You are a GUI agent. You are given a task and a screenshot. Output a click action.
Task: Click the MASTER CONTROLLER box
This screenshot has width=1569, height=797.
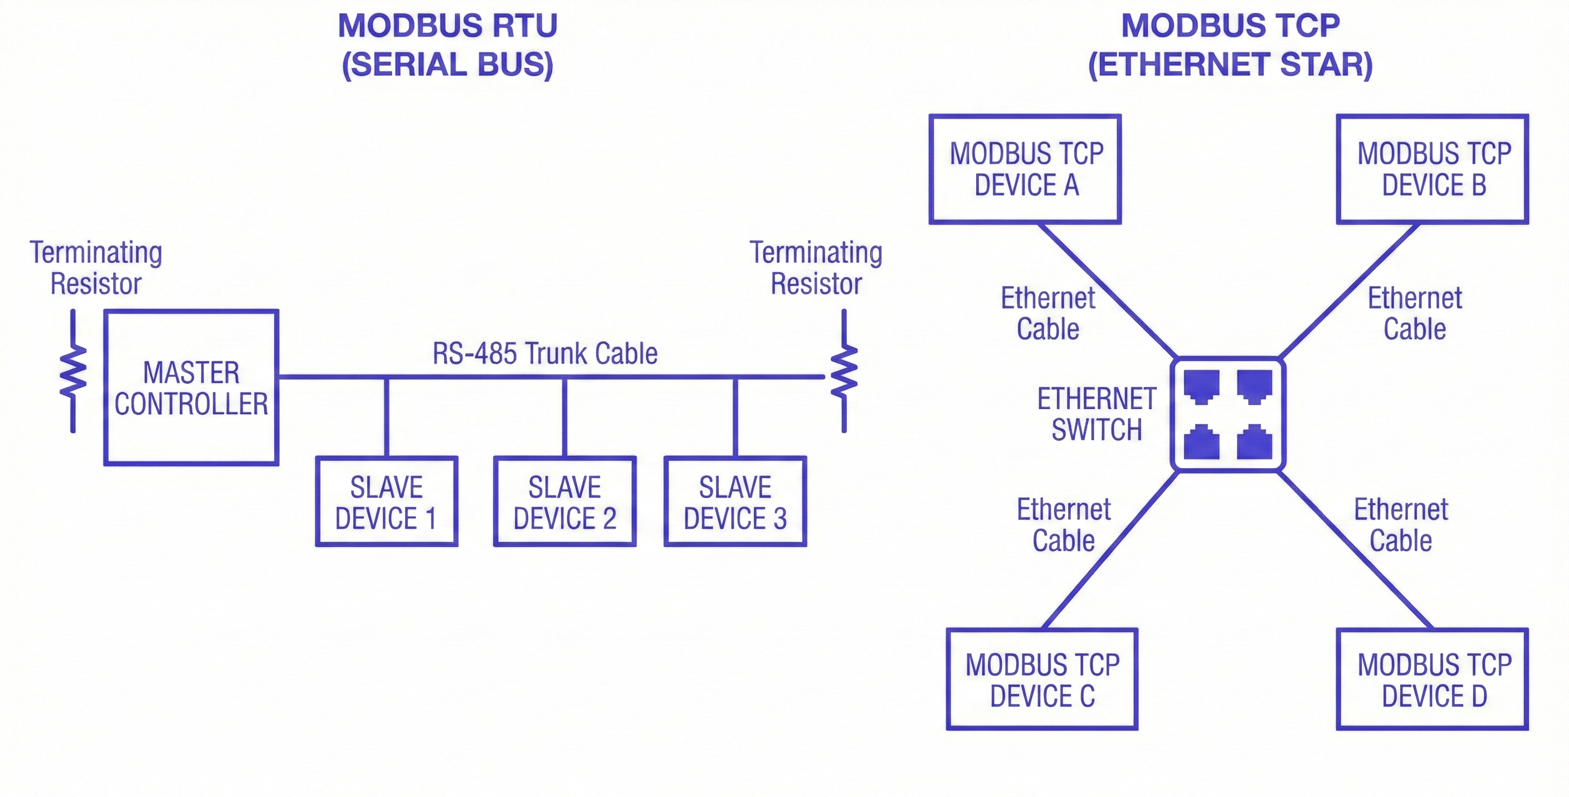(191, 388)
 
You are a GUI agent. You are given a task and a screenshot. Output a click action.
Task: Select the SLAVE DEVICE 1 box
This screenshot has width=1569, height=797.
(386, 502)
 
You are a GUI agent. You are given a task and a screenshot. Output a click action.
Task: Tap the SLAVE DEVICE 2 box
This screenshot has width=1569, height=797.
(564, 502)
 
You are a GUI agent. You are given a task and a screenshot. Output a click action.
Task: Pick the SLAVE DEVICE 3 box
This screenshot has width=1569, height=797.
(735, 502)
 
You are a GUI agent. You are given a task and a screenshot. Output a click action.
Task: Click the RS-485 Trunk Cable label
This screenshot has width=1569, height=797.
(545, 353)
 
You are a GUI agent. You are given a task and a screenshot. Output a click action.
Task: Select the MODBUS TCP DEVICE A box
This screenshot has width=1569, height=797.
(1025, 169)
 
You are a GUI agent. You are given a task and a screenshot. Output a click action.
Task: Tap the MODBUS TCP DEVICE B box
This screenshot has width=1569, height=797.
(1432, 169)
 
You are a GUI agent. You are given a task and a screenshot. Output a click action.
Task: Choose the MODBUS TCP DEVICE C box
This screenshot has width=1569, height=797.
(1042, 679)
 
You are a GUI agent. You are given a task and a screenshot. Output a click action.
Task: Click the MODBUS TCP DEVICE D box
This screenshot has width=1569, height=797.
(1432, 679)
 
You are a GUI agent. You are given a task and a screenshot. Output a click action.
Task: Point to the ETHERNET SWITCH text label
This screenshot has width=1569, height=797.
(1097, 414)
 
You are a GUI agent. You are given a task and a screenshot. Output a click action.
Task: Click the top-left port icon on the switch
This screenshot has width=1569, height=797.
(1201, 386)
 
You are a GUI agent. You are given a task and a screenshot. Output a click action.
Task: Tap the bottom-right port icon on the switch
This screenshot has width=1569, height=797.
(1254, 443)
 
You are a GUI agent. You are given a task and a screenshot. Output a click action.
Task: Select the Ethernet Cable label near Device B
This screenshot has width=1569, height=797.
(1414, 313)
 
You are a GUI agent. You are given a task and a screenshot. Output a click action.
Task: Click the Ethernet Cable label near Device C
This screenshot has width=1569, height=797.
(1064, 524)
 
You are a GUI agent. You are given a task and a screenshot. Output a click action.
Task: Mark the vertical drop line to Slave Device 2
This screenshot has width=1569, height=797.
(564, 417)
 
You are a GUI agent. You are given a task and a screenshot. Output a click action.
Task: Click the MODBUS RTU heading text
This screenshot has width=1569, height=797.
(447, 26)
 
